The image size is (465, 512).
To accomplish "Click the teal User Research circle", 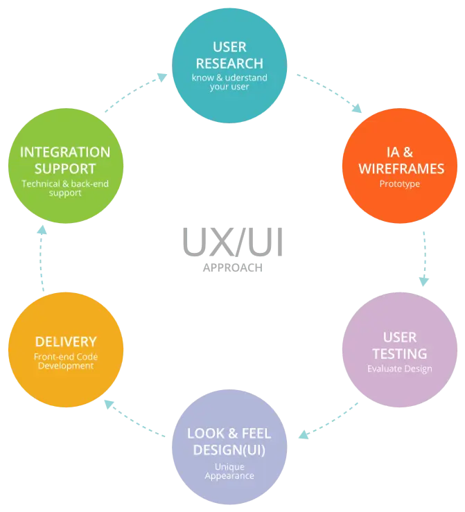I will point(229,67).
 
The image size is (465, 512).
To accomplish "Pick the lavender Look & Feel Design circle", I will point(229,448).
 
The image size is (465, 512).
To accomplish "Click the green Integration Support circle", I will point(66,166).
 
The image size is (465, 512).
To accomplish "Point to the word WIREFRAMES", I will point(400,168).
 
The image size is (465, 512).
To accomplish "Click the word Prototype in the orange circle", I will point(400,184).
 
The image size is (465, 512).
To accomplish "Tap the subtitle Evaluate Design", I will point(400,369).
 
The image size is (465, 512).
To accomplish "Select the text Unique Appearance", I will point(229,471).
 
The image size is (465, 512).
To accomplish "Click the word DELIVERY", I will point(66,342).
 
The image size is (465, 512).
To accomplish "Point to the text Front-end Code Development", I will point(66,361).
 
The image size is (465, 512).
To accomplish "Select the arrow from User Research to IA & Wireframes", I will point(331,93).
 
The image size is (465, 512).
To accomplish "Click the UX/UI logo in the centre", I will point(233,246).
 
